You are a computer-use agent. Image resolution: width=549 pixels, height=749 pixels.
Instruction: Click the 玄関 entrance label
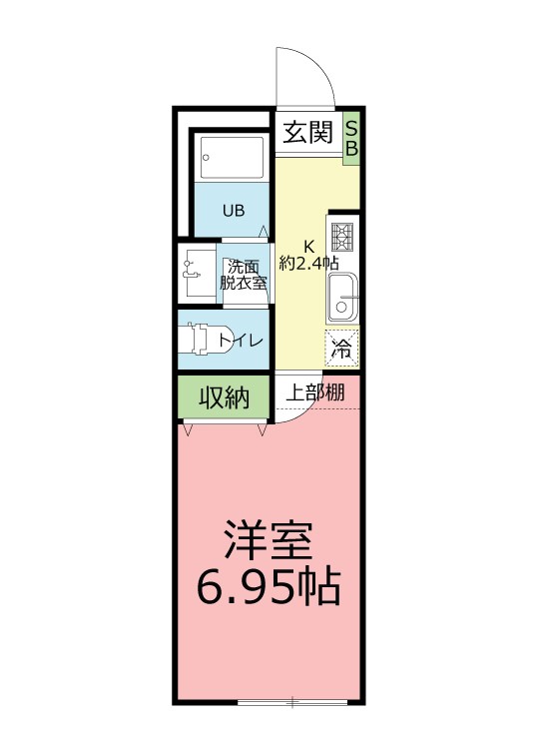(x=306, y=133)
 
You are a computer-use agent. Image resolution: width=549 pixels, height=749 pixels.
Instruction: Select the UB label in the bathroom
(x=233, y=211)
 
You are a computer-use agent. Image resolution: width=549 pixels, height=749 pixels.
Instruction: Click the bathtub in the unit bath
(x=232, y=156)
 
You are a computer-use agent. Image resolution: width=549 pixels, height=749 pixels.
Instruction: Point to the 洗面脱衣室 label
(x=244, y=274)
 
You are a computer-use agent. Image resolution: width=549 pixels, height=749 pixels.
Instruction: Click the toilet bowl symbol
(x=205, y=341)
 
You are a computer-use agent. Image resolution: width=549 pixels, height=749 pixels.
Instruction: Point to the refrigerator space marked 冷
(x=341, y=350)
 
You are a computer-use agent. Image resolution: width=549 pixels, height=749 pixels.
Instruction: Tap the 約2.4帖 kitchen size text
(x=309, y=264)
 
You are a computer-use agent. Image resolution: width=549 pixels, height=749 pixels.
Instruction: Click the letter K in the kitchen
(x=309, y=247)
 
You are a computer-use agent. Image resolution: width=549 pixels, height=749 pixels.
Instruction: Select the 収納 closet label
(x=223, y=397)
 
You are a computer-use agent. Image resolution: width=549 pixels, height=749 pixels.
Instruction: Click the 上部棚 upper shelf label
(x=315, y=392)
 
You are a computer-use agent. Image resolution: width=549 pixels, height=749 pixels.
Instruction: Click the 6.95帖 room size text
(x=268, y=589)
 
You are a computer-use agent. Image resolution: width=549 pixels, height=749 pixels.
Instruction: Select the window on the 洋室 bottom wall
(x=292, y=701)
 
